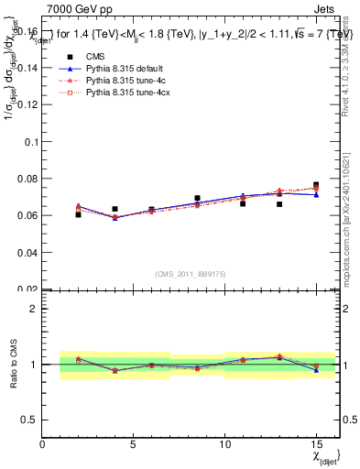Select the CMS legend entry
click(95, 57)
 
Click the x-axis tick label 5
click(134, 445)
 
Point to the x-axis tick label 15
click(316, 445)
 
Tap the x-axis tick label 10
click(224, 445)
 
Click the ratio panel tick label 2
click(33, 309)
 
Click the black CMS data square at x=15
click(316, 185)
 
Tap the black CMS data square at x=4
click(115, 209)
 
